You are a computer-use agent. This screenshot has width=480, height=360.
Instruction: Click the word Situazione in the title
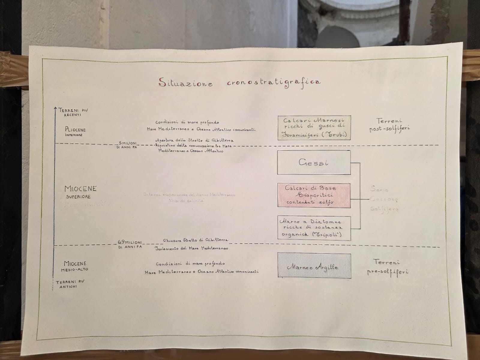pyautogui.click(x=186, y=82)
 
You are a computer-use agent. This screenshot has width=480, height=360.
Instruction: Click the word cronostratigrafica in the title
pyautogui.click(x=273, y=82)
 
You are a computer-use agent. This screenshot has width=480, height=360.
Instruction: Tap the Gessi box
pyautogui.click(x=314, y=163)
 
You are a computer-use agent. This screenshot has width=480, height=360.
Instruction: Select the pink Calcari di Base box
pyautogui.click(x=314, y=195)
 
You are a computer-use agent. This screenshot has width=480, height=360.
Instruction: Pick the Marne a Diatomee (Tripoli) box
pyautogui.click(x=314, y=228)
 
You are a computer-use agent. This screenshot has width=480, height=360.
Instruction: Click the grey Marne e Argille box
pyautogui.click(x=314, y=265)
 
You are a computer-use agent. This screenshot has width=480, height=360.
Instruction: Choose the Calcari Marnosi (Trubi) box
pyautogui.click(x=314, y=127)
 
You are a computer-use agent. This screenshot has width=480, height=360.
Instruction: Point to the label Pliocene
pyautogui.click(x=75, y=130)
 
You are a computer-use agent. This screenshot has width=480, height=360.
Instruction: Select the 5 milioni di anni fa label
pyautogui.click(x=127, y=145)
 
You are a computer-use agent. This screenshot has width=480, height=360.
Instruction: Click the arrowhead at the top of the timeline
pyautogui.click(x=55, y=108)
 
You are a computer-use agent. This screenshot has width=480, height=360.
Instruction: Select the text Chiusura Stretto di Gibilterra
pyautogui.click(x=196, y=240)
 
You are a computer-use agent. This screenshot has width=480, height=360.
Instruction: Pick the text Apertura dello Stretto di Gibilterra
pyautogui.click(x=194, y=140)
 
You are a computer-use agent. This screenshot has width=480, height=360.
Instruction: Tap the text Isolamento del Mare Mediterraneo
pyautogui.click(x=192, y=248)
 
